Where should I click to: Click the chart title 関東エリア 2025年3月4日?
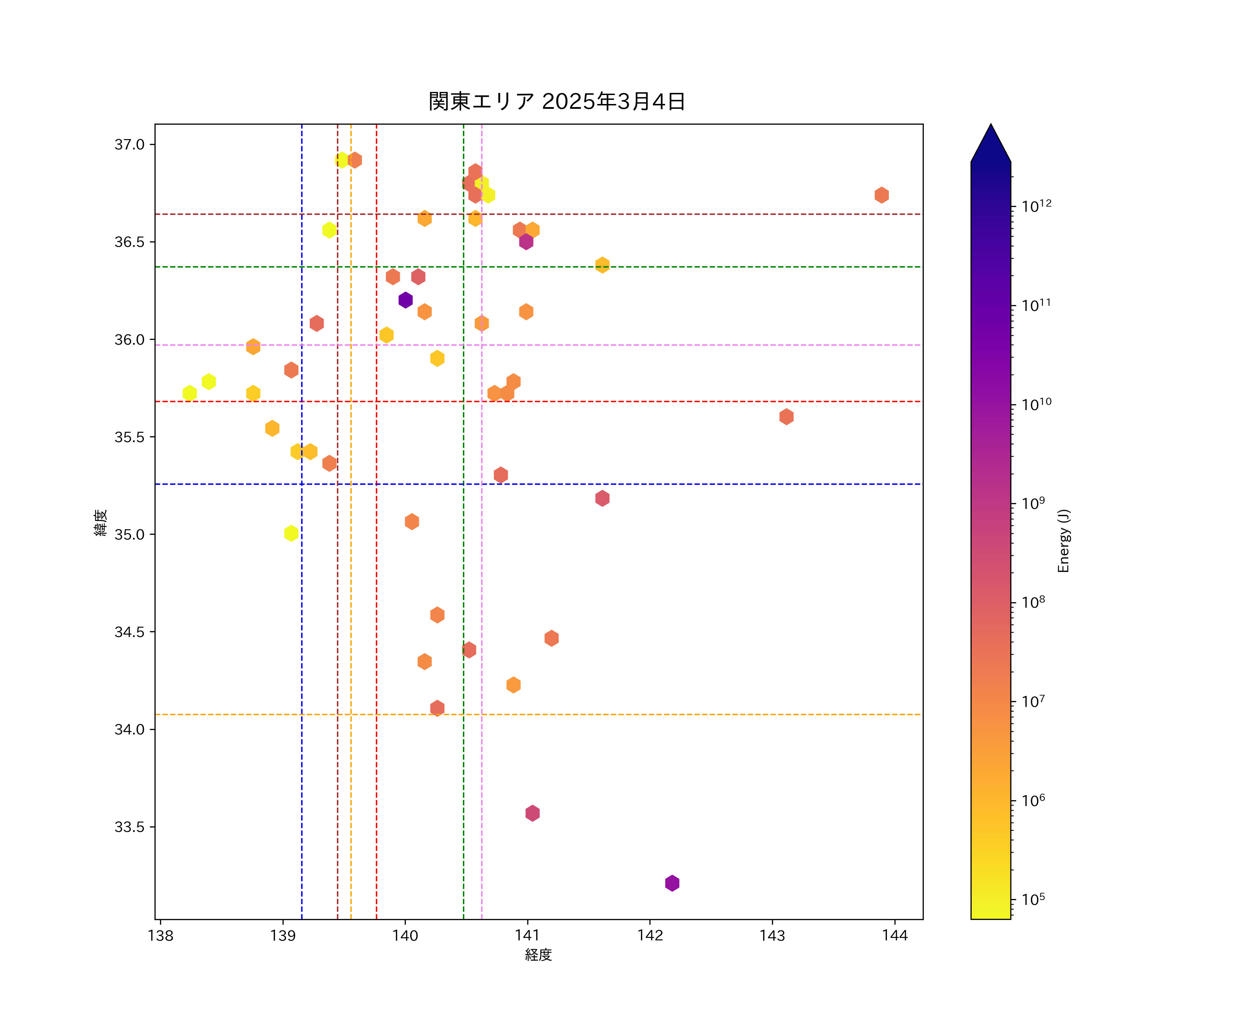[557, 102]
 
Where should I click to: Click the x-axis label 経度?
[538, 954]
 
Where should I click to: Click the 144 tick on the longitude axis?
[894, 936]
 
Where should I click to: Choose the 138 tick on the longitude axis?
[160, 936]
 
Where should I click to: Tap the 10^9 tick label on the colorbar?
[1033, 503]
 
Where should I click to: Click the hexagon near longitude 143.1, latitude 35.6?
[786, 417]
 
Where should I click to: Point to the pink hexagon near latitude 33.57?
[532, 813]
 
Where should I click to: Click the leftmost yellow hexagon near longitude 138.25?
[189, 393]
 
